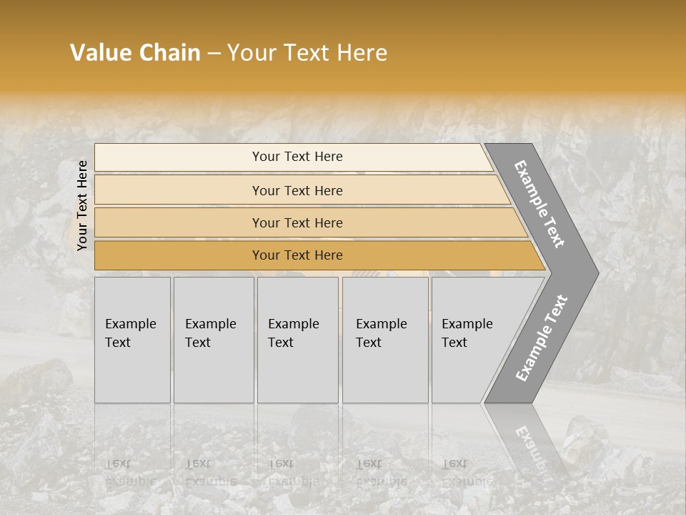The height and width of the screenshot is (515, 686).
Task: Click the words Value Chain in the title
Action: coord(135,53)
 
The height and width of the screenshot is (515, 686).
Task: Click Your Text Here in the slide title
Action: coord(307,53)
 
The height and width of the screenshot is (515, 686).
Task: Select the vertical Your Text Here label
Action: coord(82,205)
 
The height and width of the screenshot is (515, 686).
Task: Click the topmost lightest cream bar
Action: coord(179,157)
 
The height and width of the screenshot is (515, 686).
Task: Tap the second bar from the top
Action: coord(179,190)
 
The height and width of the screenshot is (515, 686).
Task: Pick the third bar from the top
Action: coord(179,223)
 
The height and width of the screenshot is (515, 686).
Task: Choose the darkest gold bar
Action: coord(179,255)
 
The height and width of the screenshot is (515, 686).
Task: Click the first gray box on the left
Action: coord(132,372)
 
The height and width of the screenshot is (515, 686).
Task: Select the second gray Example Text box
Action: coord(214,372)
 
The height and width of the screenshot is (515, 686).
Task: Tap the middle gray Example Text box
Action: coord(297,372)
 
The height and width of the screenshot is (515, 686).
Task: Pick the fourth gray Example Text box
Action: coord(385,372)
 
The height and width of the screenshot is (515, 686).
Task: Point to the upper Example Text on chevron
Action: coord(540,204)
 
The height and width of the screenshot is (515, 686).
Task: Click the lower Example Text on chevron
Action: coord(541,338)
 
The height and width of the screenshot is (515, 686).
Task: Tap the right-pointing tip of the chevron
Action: coord(593,273)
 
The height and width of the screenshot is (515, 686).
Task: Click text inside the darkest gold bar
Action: coord(297,255)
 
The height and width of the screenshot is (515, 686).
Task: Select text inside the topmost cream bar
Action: coord(297,157)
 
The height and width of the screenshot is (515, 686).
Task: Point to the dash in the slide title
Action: coord(214,54)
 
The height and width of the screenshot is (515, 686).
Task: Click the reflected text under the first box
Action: coord(130,472)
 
